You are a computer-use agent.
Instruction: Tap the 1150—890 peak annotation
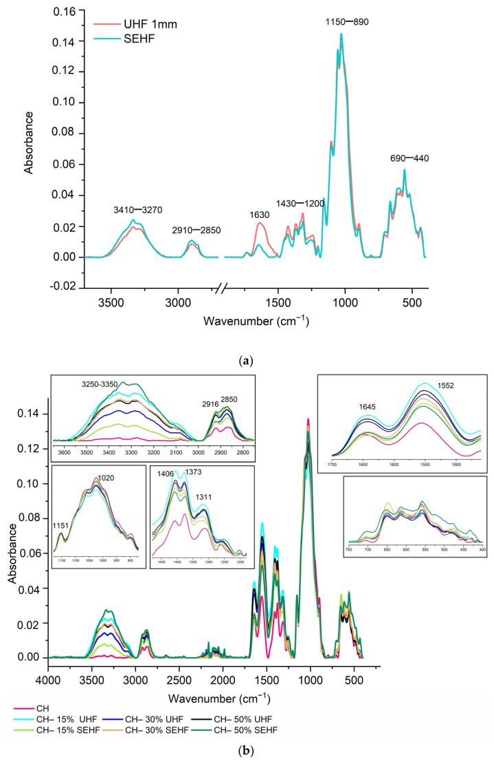(347, 22)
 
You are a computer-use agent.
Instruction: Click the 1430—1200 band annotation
(300, 204)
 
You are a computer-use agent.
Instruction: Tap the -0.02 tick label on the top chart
(63, 287)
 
